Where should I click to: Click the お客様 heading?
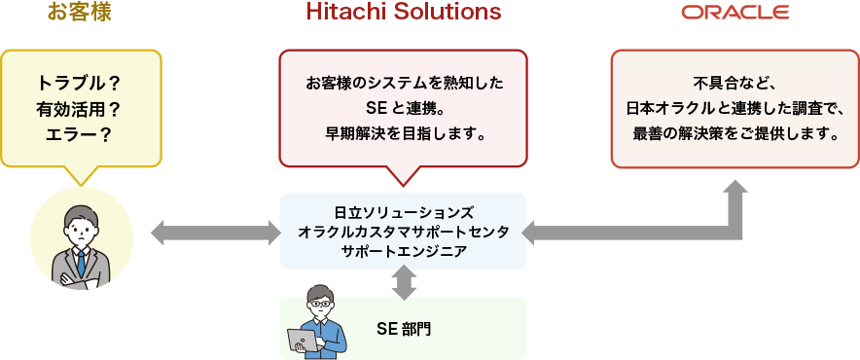[x=81, y=13]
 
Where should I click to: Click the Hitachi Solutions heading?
[x=404, y=13]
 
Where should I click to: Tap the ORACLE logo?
[x=735, y=13]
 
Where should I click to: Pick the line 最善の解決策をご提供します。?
[x=735, y=132]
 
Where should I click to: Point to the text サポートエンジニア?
[x=403, y=251]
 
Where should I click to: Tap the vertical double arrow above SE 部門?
[x=404, y=282]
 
